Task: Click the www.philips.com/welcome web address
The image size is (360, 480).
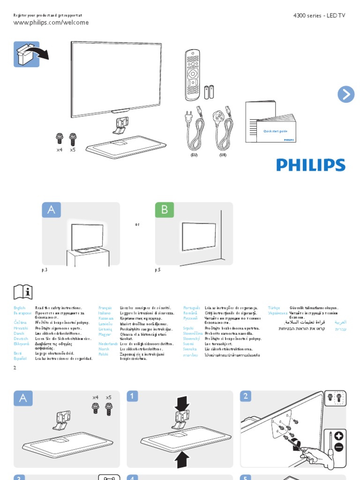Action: click(x=51, y=22)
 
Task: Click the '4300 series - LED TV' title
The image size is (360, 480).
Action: click(x=319, y=15)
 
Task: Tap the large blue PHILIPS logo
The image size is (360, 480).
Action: click(x=310, y=165)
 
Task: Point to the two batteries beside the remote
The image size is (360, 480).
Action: click(x=209, y=91)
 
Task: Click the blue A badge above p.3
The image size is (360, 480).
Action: click(x=51, y=210)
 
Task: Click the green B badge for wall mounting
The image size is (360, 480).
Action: click(x=165, y=210)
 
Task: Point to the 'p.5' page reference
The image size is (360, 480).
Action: click(x=157, y=270)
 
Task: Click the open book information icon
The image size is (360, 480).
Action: click(x=23, y=292)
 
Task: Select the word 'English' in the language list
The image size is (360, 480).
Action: click(x=20, y=307)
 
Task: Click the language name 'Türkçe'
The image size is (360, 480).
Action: click(x=274, y=307)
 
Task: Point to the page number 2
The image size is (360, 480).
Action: click(x=15, y=368)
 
